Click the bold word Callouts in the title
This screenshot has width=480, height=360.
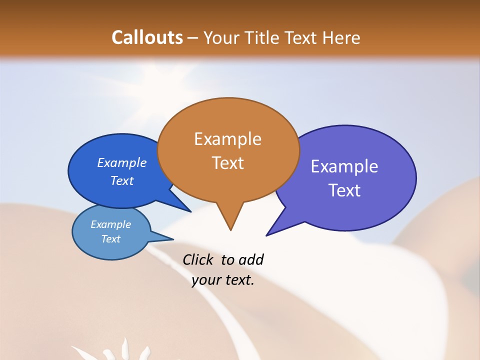coord(147,37)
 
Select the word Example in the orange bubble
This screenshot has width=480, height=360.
coord(227,139)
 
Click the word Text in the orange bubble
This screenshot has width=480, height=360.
coord(227,162)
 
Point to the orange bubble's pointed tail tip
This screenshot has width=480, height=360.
coord(230,229)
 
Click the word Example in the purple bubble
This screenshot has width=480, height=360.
coord(344,166)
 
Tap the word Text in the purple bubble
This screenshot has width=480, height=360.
coord(344,190)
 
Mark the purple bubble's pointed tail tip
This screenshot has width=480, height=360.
coord(267,234)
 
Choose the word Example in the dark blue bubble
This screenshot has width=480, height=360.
coord(122,162)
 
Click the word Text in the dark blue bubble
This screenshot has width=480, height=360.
coord(122,180)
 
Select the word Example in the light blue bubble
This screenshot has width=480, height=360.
coord(111,224)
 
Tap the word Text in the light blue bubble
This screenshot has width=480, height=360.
coord(111,239)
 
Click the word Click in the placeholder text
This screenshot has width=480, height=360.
coord(197,259)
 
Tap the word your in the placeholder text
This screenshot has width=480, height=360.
coord(205,280)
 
